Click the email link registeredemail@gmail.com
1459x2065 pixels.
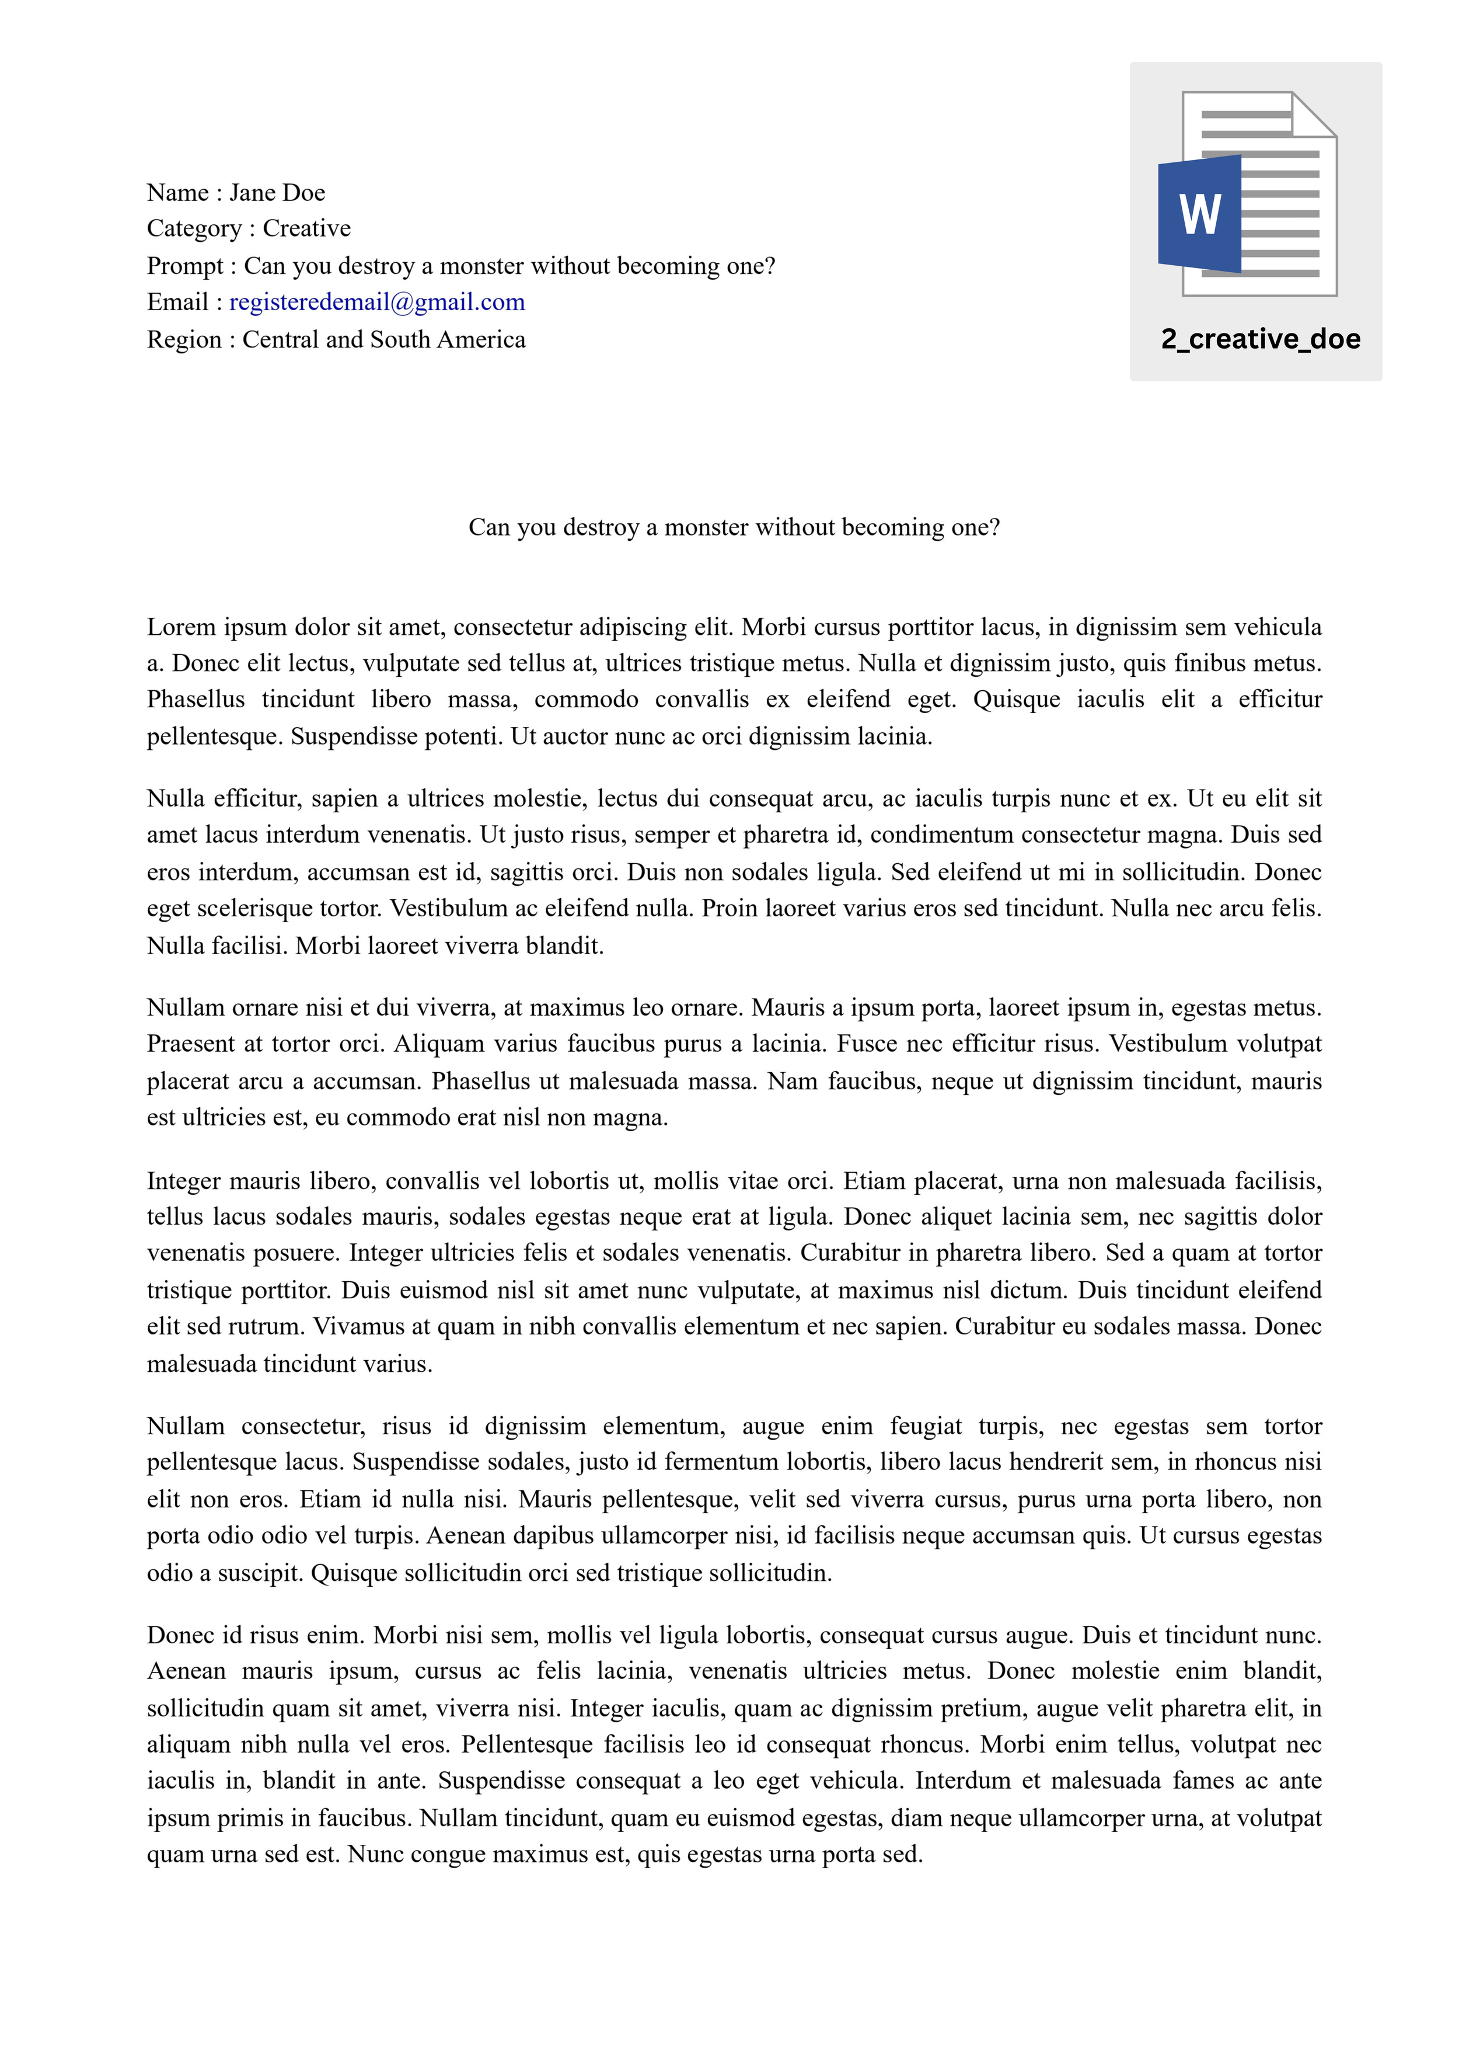(376, 302)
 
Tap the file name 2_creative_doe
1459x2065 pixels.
(1261, 339)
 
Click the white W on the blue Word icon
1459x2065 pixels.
(1200, 214)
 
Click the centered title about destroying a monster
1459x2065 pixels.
(734, 527)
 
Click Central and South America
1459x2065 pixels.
(384, 340)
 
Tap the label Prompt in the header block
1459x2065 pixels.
(185, 266)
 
